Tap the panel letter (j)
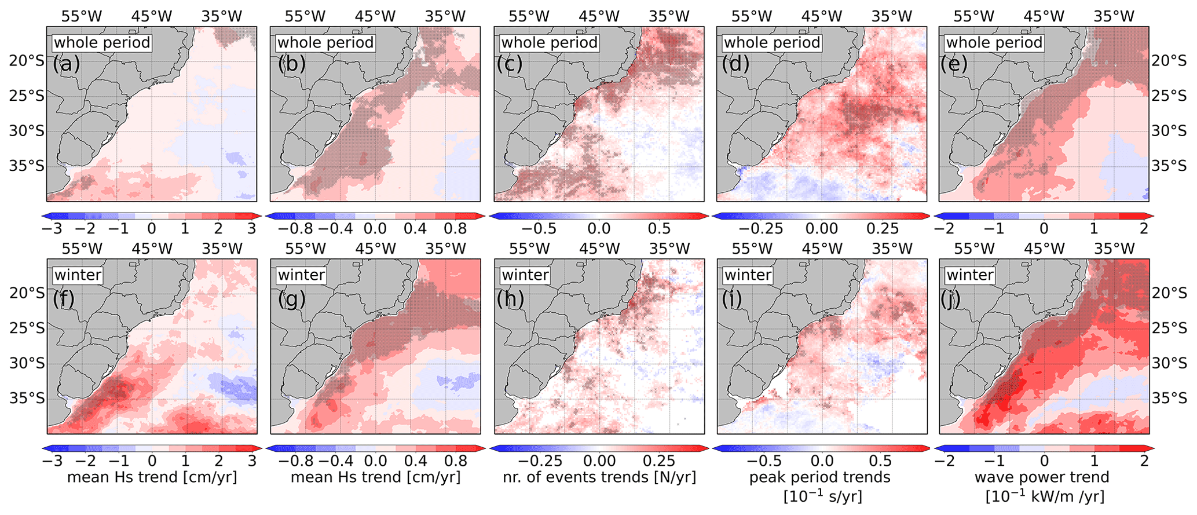click(x=953, y=299)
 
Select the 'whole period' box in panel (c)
click(x=549, y=43)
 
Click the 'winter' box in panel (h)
click(x=525, y=275)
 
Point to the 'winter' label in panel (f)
click(x=78, y=275)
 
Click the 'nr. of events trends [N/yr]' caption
click(x=599, y=477)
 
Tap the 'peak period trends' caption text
click(x=819, y=477)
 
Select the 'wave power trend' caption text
click(x=1042, y=477)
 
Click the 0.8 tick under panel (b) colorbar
click(x=455, y=229)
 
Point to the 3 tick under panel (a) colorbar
click(x=251, y=229)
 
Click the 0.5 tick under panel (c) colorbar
click(x=659, y=229)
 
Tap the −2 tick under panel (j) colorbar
click(x=945, y=461)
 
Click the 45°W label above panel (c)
click(x=599, y=16)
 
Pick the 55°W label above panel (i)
click(x=752, y=249)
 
